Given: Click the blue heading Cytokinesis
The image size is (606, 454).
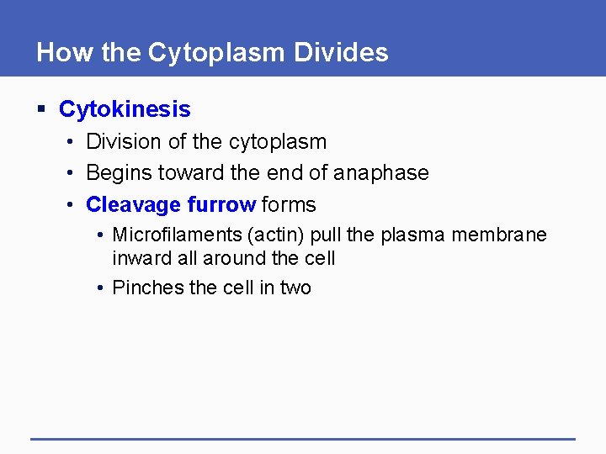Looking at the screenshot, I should [x=125, y=109].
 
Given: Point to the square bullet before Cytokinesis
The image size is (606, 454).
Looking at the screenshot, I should [x=40, y=109].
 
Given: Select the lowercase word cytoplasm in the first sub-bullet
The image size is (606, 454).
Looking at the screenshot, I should [x=277, y=142].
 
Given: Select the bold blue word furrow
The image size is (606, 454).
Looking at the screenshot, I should [x=221, y=204].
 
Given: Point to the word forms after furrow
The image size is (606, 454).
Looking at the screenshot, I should [x=289, y=204].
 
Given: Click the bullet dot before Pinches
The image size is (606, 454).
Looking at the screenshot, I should [x=100, y=288].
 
